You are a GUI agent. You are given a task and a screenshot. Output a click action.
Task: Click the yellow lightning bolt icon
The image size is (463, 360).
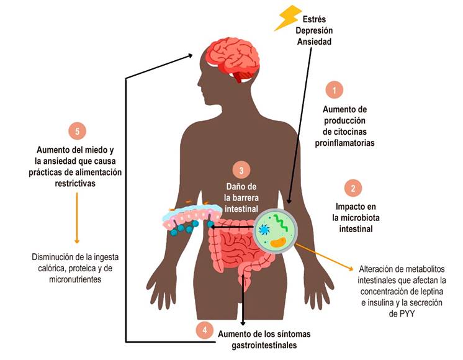coord(287,17)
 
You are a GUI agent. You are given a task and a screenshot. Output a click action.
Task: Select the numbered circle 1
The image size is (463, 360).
coord(335,90)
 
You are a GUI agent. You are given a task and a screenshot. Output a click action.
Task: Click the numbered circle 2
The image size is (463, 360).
coord(353,188)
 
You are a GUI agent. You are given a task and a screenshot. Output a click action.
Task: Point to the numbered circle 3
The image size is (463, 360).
coord(241,171)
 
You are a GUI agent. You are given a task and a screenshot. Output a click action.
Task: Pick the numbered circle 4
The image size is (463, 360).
coord(205,330)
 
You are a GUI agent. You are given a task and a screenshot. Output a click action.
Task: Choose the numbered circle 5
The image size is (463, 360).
coord(77,131)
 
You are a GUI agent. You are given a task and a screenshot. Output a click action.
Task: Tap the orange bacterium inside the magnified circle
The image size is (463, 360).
coord(278,242)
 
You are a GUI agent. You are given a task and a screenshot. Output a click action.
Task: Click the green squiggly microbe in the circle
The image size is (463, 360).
coord(281,222)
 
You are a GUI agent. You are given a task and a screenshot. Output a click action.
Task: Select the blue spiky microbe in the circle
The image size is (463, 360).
coord(264,230)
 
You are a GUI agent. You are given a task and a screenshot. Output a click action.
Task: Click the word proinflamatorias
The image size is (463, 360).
coord(344,143)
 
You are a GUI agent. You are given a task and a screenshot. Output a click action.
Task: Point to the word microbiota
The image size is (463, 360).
coord(360,218)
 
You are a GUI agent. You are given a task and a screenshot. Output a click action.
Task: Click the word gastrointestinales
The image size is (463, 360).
coord(264,345)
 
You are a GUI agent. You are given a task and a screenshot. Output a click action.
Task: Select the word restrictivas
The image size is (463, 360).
coord(75,183)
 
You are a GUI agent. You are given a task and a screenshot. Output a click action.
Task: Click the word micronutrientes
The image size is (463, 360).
coord(75,279)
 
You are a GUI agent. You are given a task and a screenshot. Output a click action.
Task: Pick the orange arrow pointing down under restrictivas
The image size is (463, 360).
coord(77,218)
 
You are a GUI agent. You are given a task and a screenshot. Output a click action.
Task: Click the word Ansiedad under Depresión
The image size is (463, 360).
coord(314,42)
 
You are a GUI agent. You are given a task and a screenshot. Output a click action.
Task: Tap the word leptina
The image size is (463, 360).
coord(431,292)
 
